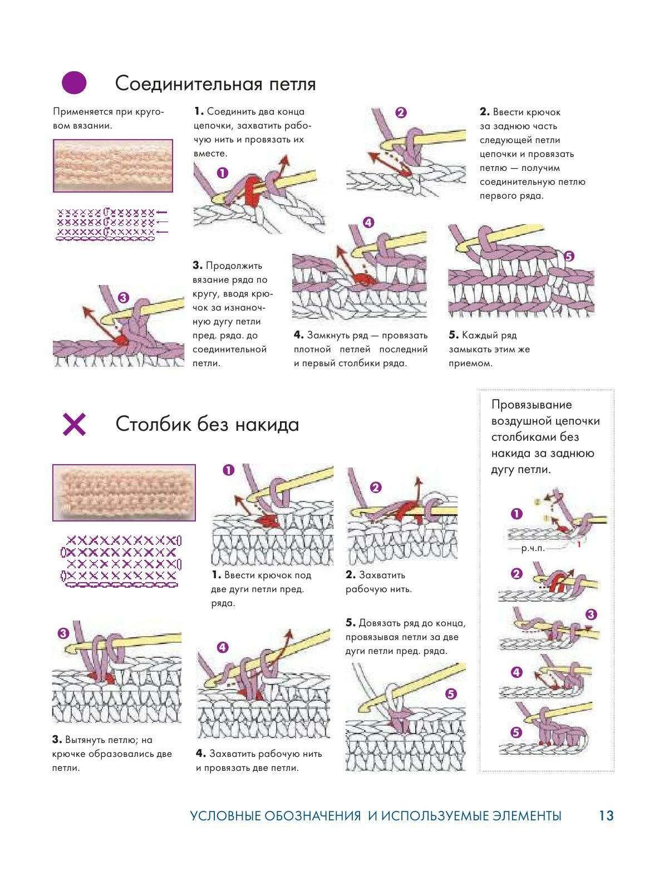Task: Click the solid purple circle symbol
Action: coord(74,83)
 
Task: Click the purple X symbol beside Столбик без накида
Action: coord(74,425)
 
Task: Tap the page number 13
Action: coord(606,816)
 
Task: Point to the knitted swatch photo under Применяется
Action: coord(113,166)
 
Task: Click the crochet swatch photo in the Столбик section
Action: coord(124,493)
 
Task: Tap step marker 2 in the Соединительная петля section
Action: coord(401,112)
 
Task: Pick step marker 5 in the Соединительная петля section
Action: coord(569,256)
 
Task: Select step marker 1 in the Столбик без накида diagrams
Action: coord(228,470)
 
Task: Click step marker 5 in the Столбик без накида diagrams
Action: coord(451,693)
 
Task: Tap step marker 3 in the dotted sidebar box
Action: coord(591,614)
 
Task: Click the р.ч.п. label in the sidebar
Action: coord(533,549)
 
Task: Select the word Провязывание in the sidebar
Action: coord(532,405)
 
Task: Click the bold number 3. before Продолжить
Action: coord(198,265)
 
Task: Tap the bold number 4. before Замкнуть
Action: coord(298,335)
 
